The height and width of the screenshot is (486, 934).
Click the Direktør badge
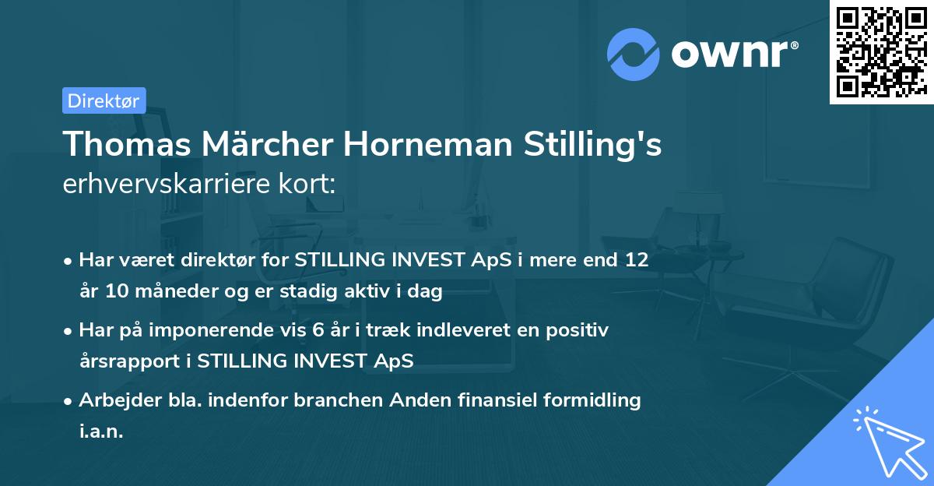coord(104,100)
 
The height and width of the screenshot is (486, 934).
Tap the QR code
coord(880,51)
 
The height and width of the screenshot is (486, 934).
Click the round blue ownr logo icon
coord(634,55)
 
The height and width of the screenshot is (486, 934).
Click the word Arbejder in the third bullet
coord(116,400)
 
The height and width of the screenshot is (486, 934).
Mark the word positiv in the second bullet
coord(580,329)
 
